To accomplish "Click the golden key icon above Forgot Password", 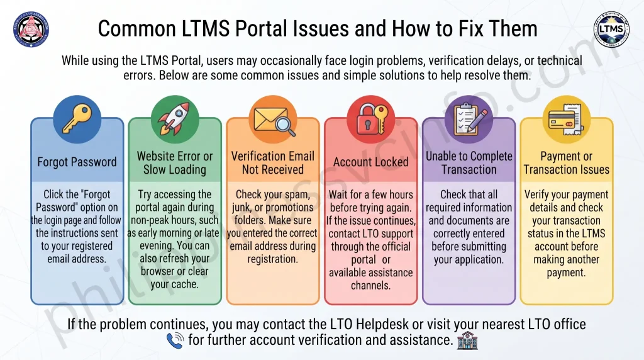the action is (77, 119).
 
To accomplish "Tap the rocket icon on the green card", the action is (175, 119).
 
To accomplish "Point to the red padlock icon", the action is (371, 119).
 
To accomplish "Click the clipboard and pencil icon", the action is (469, 119).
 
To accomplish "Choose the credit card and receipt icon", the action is (566, 120).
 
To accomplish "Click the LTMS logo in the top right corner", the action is (611, 29).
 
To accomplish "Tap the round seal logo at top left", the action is (31, 29).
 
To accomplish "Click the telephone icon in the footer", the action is (175, 340).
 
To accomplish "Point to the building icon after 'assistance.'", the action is (467, 340).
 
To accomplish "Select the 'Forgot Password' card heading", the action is (77, 162).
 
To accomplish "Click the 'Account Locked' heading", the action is (371, 162).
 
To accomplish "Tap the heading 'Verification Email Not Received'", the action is (273, 163).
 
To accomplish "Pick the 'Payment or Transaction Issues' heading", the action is (567, 163).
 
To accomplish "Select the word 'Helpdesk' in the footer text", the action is (382, 324).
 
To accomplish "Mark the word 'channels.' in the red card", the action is (370, 285).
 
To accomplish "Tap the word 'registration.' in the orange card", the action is (272, 259).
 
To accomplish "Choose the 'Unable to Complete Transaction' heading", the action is (469, 163).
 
